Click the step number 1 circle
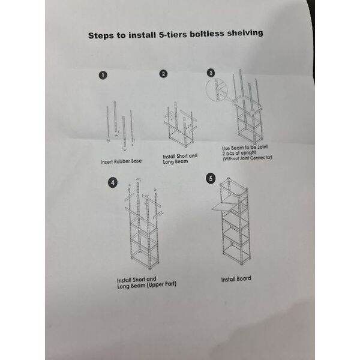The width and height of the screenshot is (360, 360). tap(103, 76)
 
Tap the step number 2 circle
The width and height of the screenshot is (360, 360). tap(163, 74)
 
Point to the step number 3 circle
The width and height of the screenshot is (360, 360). tap(211, 73)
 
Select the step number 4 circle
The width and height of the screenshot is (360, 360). tap(113, 182)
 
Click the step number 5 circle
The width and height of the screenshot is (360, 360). tap(210, 178)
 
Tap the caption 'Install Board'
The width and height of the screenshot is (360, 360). tap(236, 278)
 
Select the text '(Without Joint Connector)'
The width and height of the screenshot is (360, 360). tap(247, 157)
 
